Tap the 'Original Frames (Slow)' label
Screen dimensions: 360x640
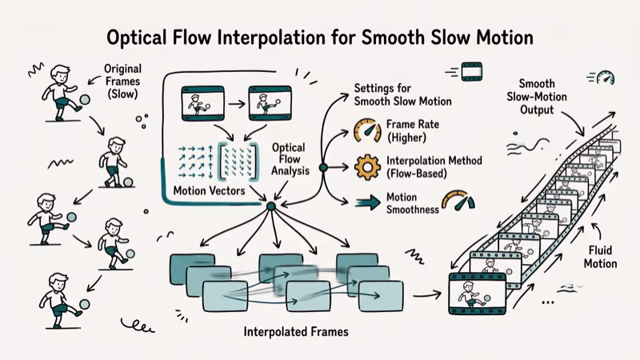[122, 81]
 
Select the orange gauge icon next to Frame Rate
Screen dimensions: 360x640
[366, 130]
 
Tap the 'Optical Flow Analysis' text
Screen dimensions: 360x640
[288, 161]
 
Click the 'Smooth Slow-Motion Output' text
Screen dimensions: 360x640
[544, 97]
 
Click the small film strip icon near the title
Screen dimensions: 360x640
[472, 71]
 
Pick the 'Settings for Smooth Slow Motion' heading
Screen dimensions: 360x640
[402, 94]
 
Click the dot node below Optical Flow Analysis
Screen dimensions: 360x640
[270, 206]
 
